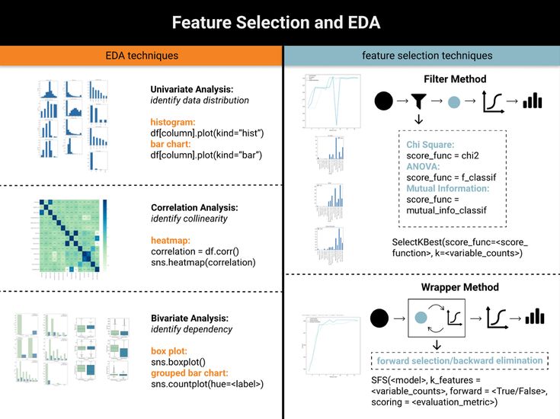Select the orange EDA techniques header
(x=141, y=56)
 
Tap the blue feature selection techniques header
(x=421, y=56)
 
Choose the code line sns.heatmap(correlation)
(x=203, y=263)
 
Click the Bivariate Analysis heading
(x=190, y=318)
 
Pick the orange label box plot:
(x=171, y=351)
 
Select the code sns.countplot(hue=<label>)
(x=206, y=385)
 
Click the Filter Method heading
(x=455, y=79)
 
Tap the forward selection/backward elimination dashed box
(x=459, y=359)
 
